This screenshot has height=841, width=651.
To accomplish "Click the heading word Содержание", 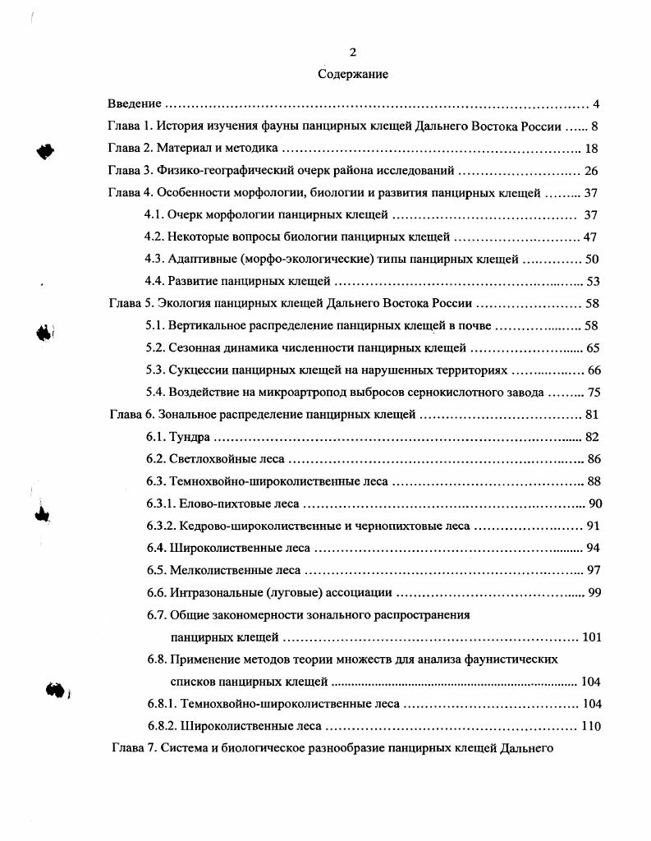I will [x=353, y=74].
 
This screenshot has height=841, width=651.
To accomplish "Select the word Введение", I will [x=135, y=104].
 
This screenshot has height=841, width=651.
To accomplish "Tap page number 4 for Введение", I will [x=596, y=104].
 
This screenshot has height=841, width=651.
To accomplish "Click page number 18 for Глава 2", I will [x=592, y=149].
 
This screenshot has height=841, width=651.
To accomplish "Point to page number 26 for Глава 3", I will [x=592, y=171].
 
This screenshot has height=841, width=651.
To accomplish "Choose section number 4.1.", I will [x=154, y=215].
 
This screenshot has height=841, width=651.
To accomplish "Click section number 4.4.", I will [x=154, y=281].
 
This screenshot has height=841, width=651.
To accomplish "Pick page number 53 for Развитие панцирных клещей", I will [x=593, y=281].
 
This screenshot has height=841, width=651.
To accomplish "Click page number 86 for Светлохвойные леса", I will [x=593, y=458].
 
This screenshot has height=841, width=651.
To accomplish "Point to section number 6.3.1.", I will [x=159, y=503].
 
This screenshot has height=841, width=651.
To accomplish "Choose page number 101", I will [x=591, y=636].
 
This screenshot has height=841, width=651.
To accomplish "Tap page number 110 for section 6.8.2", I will [x=591, y=726].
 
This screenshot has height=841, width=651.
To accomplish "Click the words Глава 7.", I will [x=132, y=748].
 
